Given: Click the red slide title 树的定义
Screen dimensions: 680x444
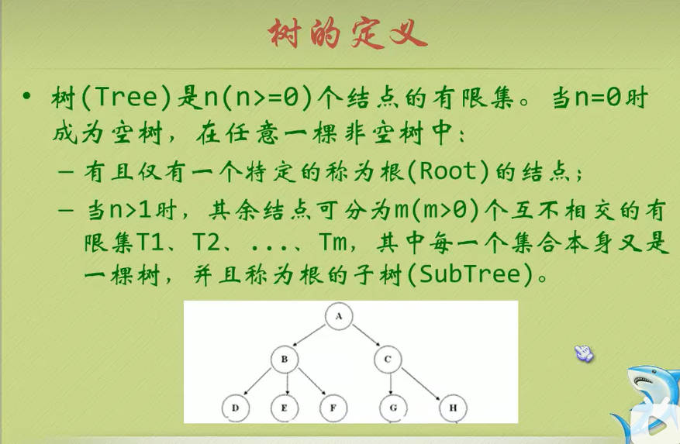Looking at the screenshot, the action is (x=348, y=33).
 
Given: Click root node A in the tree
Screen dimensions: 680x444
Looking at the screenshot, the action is (x=339, y=316).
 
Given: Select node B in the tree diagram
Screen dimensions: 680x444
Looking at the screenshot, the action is (x=285, y=359).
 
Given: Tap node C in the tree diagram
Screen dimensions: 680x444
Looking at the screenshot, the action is (x=388, y=359).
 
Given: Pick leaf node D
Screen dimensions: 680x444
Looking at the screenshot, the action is (x=236, y=408).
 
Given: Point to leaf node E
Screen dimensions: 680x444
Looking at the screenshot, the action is (x=285, y=408).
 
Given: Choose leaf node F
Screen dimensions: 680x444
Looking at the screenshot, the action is (x=333, y=408).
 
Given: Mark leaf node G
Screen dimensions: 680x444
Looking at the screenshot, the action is (x=393, y=408).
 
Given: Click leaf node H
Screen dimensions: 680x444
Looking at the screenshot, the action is (x=453, y=408).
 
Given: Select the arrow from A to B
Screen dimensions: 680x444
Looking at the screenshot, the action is (x=309, y=335).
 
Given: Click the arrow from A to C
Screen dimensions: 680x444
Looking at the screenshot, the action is (x=366, y=335).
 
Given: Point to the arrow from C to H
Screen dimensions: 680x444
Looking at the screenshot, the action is (x=421, y=384).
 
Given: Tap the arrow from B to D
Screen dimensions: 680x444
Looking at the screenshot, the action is (x=257, y=382).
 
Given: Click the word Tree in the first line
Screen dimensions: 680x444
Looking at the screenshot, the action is (x=126, y=96).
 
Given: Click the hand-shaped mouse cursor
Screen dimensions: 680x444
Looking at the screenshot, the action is (x=584, y=353).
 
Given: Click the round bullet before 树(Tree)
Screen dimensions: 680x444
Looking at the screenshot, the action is (x=27, y=95).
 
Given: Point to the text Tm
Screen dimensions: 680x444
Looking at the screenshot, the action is (x=333, y=242).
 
